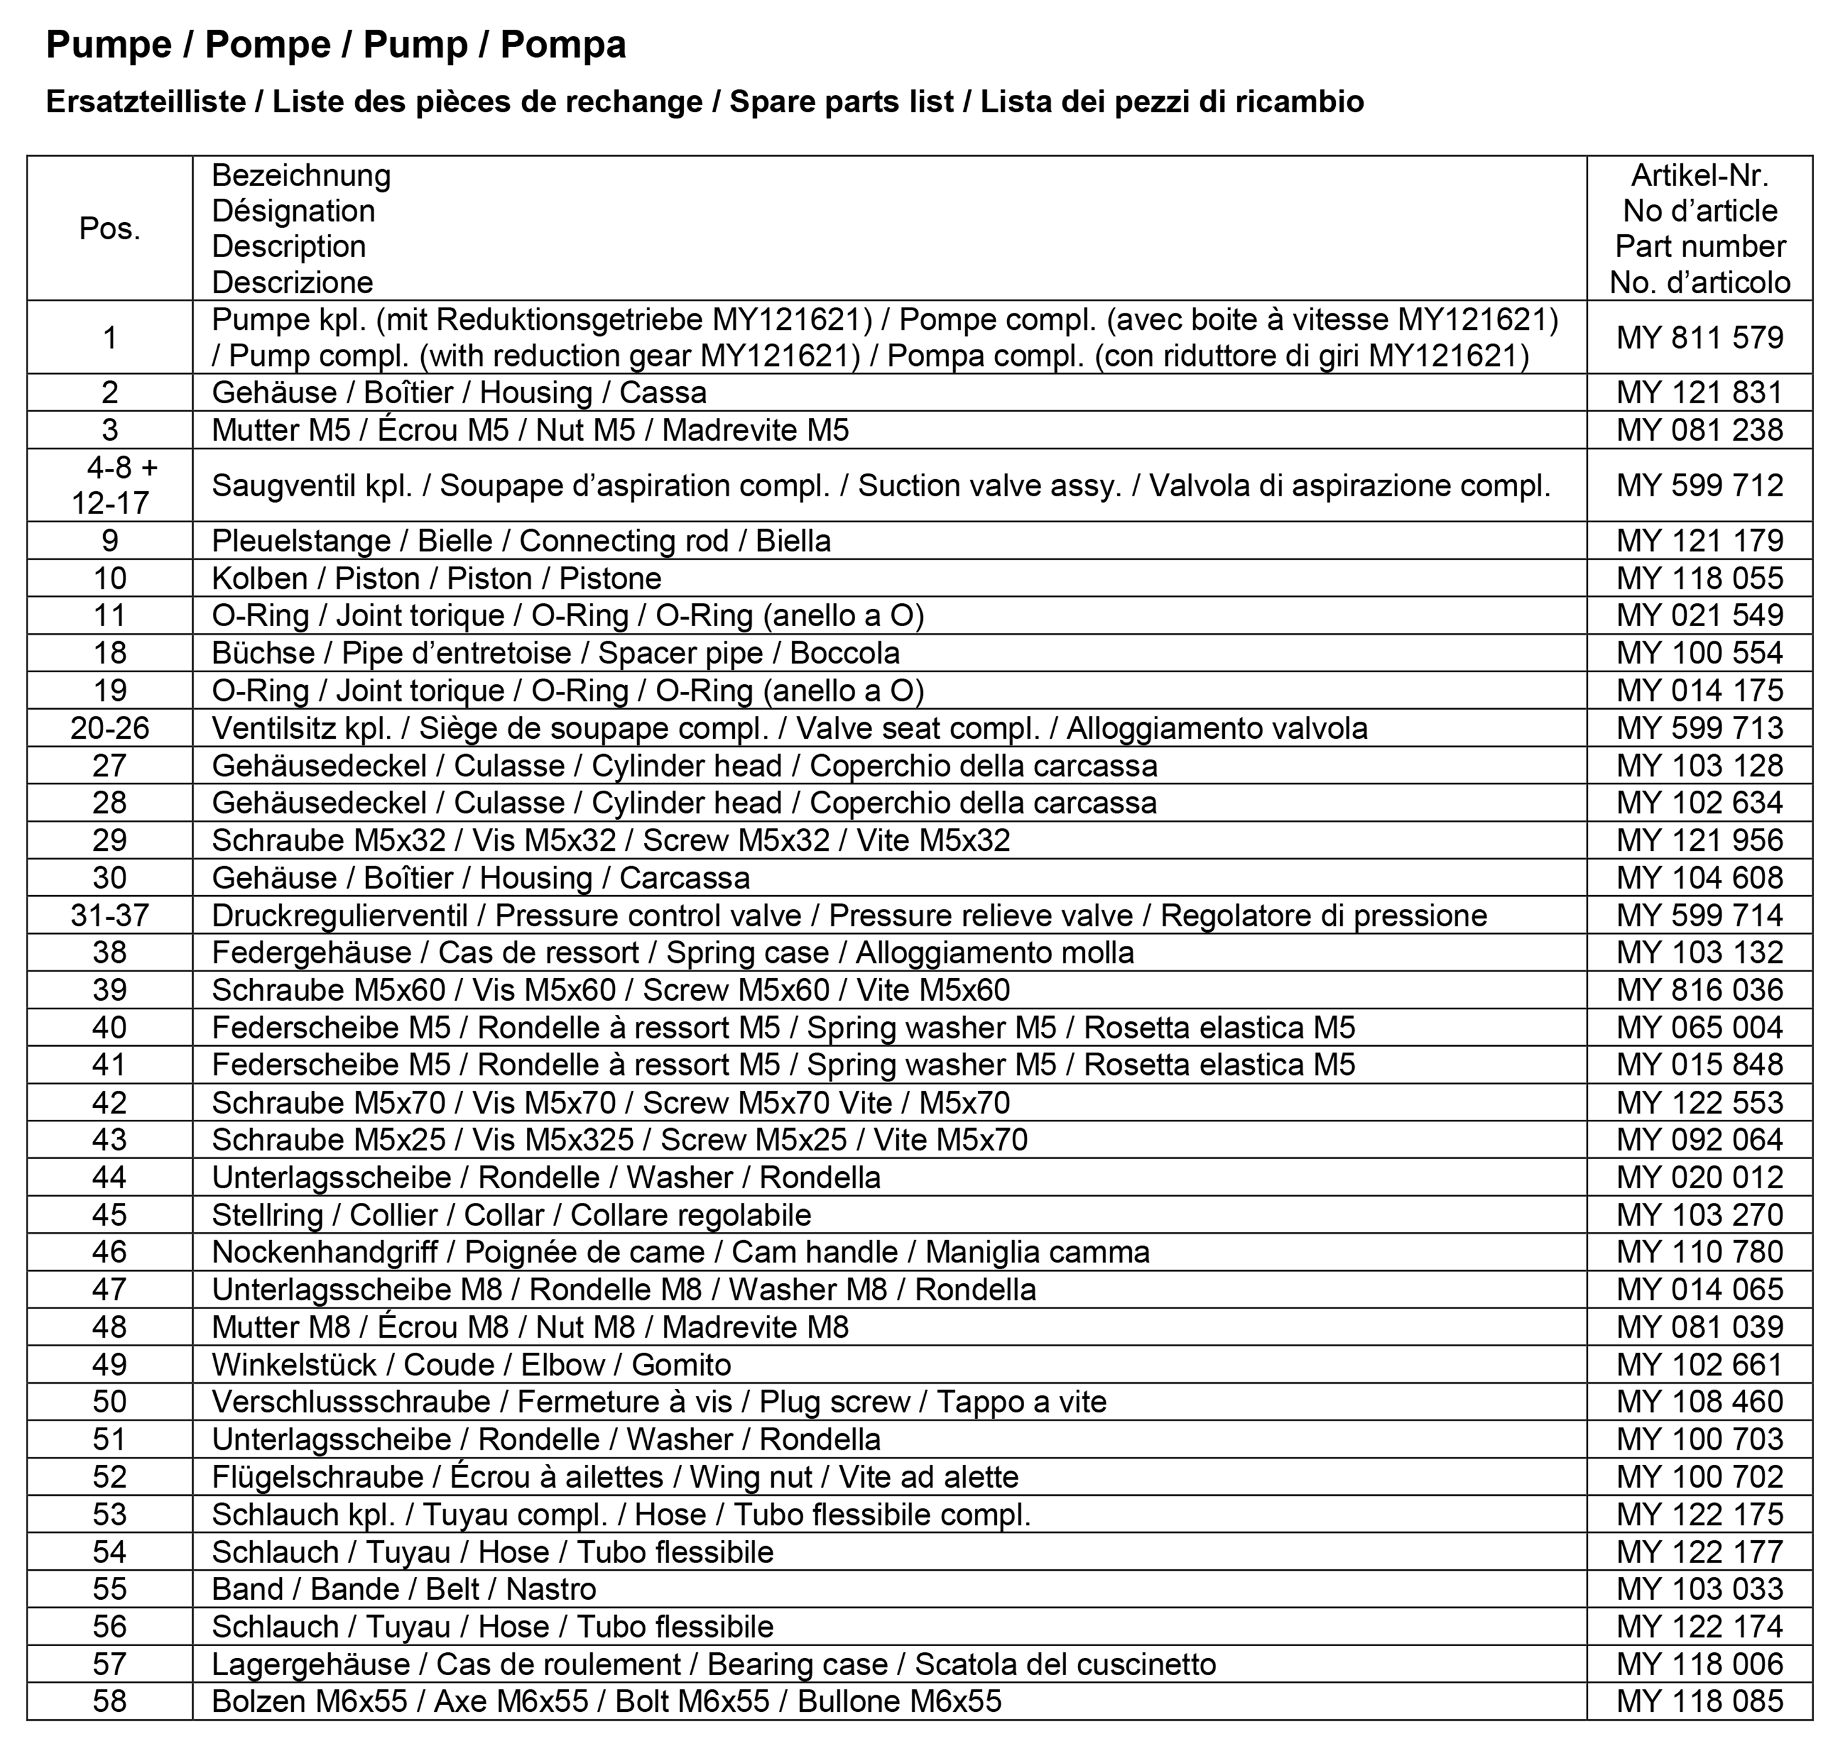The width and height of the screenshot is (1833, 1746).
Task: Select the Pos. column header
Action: tap(110, 228)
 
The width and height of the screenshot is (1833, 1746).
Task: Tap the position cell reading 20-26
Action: tap(110, 728)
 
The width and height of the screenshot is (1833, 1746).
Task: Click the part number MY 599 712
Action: tap(1699, 485)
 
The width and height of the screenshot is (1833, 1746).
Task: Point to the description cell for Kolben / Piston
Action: tap(436, 578)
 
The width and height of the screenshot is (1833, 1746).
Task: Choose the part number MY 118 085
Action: tap(1699, 1701)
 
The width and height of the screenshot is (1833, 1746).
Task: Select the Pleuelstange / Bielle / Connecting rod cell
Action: tap(521, 541)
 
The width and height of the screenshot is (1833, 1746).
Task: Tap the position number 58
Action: tap(110, 1701)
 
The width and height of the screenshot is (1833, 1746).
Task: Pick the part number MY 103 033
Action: tap(1699, 1589)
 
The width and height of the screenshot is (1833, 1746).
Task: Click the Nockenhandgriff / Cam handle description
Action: tap(680, 1252)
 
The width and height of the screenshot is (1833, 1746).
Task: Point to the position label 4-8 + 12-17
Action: tap(110, 485)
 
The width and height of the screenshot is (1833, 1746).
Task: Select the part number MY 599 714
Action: tap(1699, 915)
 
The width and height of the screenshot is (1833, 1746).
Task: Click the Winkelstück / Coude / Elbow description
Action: tap(471, 1364)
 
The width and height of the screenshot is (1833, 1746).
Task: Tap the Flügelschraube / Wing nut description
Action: tap(614, 1477)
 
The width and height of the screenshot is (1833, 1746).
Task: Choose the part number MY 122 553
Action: tap(1699, 1102)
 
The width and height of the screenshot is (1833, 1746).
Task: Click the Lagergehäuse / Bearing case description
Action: tap(713, 1664)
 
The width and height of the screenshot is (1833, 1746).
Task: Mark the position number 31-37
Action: tap(110, 915)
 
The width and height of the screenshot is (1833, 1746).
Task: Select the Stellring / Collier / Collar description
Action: tap(511, 1215)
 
